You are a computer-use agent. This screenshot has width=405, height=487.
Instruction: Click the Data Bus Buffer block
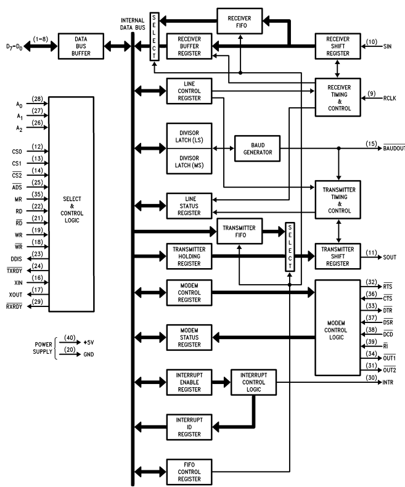pyautogui.click(x=80, y=46)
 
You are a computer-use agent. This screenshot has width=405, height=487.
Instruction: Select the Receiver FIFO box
pyautogui.click(x=239, y=22)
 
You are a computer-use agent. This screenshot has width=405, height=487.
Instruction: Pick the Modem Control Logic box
pyautogui.click(x=337, y=327)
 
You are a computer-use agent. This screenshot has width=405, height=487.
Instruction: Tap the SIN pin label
pyautogui.click(x=388, y=46)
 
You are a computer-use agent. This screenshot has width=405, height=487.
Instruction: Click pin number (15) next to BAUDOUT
pyautogui.click(x=371, y=144)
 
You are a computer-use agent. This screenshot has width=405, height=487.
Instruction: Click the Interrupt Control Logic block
pyautogui.click(x=253, y=382)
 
